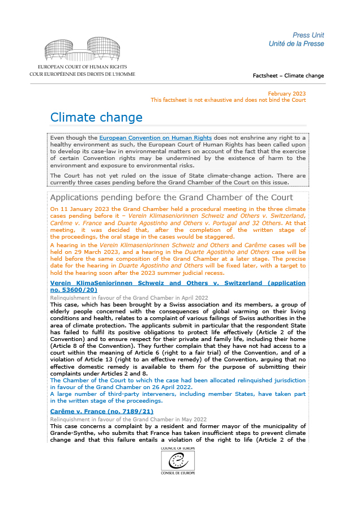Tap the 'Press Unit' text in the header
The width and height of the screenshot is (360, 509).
[308, 35]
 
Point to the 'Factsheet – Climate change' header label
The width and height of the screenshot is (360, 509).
[288, 75]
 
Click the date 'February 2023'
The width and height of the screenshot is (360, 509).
[286, 93]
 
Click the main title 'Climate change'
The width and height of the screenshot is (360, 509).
[96, 118]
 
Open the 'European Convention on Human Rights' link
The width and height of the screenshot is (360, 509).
[156, 138]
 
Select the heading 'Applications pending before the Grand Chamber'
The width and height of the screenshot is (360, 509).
[172, 197]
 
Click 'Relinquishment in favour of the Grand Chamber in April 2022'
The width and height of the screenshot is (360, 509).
[129, 297]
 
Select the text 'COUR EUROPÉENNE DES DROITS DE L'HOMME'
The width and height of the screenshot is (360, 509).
[83, 74]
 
